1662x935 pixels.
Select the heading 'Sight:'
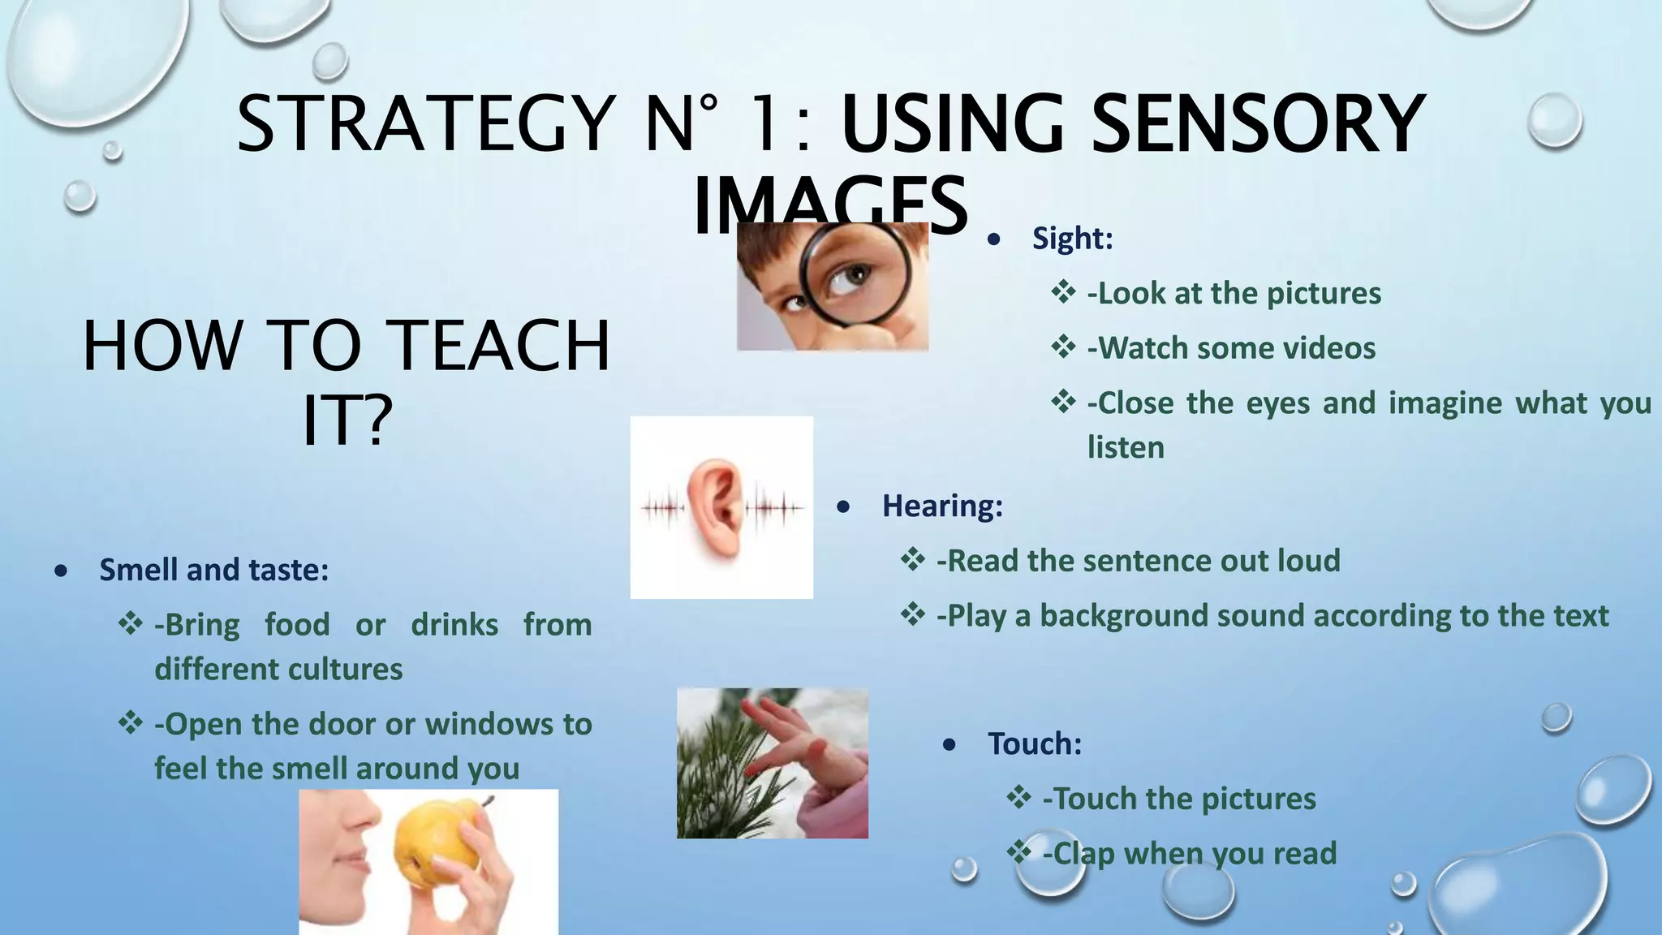(x=1072, y=239)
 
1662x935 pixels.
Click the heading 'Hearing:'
(x=942, y=506)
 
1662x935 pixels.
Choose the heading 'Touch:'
(x=1035, y=743)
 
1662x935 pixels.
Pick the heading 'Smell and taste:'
(x=213, y=570)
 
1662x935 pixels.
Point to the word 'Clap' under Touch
(x=1078, y=854)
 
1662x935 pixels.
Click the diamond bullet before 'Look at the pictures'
(x=1063, y=291)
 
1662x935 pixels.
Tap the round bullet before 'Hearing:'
(x=843, y=507)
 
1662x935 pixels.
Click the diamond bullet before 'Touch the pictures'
(x=1018, y=797)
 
